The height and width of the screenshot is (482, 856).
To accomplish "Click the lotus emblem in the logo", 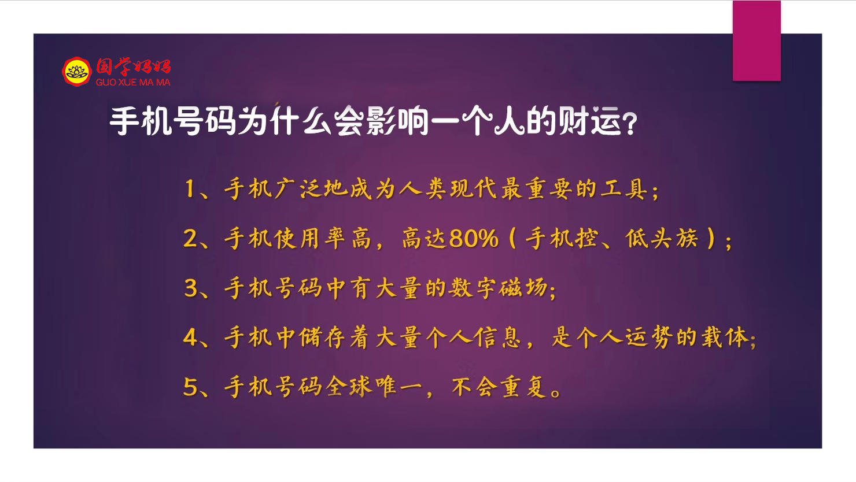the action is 77,72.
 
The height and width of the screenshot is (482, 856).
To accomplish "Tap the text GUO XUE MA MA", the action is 133,82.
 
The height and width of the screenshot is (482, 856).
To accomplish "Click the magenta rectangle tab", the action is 757,40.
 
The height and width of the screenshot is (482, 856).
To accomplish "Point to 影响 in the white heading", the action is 397,121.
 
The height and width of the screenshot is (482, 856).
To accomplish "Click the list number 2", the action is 190,238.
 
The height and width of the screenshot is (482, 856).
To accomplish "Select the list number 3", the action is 190,288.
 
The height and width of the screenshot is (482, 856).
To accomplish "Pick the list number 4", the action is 190,338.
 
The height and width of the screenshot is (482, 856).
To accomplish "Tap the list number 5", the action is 190,387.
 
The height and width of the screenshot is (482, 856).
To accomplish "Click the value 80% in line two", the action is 474,239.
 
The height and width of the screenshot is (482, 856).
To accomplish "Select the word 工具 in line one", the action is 623,188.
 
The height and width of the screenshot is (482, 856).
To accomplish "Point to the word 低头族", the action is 662,238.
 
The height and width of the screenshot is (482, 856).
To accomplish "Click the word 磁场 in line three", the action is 523,288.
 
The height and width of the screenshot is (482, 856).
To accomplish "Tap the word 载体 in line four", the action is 725,338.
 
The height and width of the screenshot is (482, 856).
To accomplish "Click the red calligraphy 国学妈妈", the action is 133,66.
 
